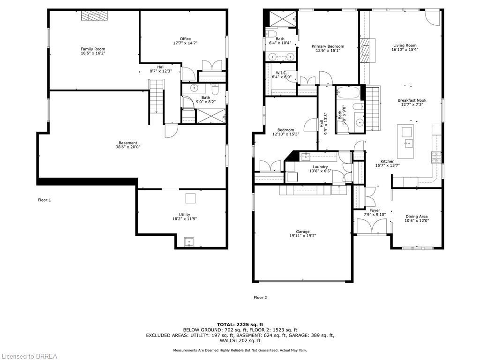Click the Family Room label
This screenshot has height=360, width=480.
[93, 49]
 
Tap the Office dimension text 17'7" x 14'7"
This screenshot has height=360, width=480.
[185, 43]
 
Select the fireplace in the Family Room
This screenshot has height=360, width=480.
[95, 16]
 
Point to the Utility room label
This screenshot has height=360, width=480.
[185, 215]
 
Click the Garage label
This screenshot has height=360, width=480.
[303, 232]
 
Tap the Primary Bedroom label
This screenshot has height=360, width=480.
[328, 46]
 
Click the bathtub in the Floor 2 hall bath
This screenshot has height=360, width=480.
[348, 93]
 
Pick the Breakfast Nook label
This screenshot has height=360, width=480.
[412, 100]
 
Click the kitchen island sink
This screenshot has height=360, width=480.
[408, 143]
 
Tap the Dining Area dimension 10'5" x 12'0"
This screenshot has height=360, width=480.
[416, 220]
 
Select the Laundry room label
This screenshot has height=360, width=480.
[320, 167]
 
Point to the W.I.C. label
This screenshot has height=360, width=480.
[281, 73]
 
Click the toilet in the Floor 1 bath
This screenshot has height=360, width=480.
[215, 89]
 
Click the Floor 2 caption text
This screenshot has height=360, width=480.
[260, 297]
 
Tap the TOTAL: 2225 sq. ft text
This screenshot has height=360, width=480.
[240, 324]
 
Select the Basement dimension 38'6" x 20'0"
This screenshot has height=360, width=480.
[128, 147]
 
